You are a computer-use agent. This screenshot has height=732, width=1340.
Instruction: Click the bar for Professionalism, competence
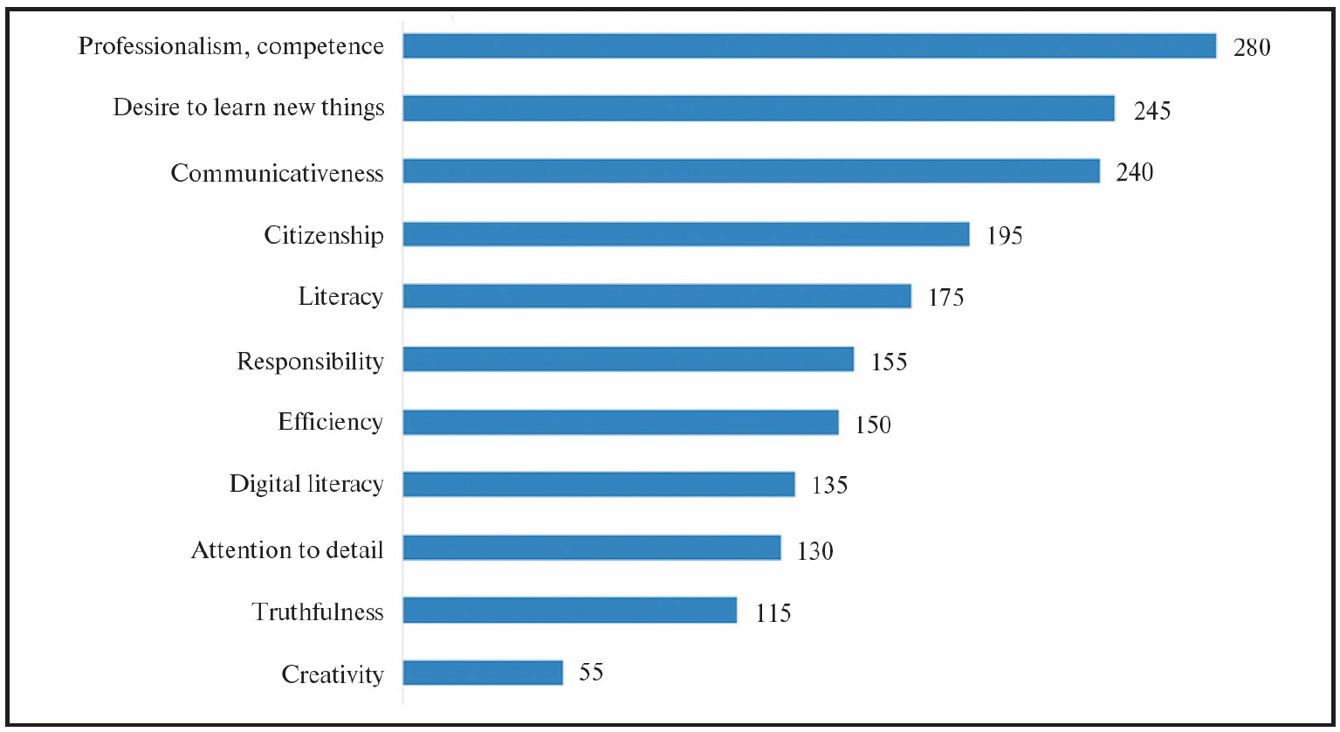809,46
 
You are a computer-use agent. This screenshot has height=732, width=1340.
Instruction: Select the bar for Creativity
483,673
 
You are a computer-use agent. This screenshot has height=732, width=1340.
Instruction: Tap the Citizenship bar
686,234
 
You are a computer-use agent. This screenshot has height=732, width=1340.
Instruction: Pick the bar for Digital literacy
599,484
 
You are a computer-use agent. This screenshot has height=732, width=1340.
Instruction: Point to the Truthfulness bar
570,611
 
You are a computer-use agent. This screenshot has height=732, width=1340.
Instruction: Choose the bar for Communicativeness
751,171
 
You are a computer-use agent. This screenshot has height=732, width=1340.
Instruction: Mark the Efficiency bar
621,423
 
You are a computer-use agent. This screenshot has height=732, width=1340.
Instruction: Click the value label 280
1252,47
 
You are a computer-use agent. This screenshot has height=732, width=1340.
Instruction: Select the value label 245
1151,110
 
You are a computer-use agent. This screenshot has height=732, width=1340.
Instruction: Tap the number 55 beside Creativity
591,673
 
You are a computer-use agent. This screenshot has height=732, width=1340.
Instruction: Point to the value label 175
946,298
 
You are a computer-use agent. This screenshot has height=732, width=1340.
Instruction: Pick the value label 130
815,551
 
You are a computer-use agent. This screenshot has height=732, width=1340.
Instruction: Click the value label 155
889,361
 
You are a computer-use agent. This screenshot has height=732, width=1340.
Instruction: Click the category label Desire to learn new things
249,108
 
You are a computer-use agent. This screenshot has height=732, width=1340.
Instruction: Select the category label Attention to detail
287,550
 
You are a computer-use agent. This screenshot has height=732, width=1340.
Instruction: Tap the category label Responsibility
310,361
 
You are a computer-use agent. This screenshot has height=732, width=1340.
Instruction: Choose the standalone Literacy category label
340,297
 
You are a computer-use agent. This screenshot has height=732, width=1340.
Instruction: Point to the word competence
320,46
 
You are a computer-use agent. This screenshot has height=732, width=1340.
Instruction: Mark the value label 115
772,613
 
